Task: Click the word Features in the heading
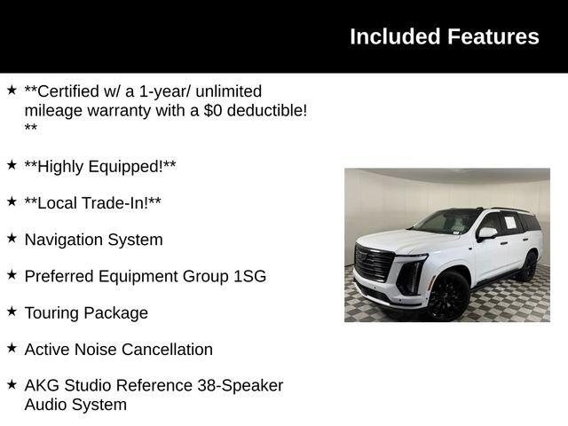[493, 36]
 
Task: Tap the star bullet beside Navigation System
[12, 238]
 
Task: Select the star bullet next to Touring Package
[12, 312]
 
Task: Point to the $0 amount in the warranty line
[212, 110]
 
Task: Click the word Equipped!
[126, 167]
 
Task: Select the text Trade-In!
[116, 203]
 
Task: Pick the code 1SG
[250, 276]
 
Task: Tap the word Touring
[51, 313]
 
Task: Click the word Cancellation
[167, 350]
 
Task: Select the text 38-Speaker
[241, 386]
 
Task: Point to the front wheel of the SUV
[447, 296]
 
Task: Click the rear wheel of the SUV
[530, 266]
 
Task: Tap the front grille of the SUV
[374, 263]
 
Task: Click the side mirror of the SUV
[487, 233]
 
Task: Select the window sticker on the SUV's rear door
[510, 222]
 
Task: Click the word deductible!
[267, 110]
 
